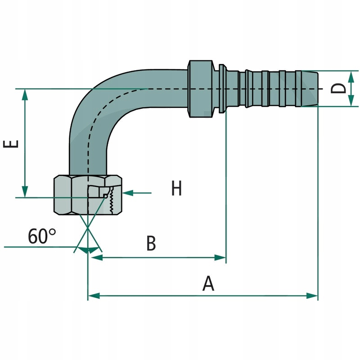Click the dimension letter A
pyautogui.click(x=207, y=283)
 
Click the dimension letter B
pyautogui.click(x=151, y=243)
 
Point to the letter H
pyautogui.click(x=176, y=188)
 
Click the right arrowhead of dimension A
pyautogui.click(x=313, y=296)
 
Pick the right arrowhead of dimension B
pyautogui.click(x=220, y=258)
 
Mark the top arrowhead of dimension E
pyautogui.click(x=25, y=94)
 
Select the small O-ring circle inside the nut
pyautogui.click(x=105, y=196)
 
